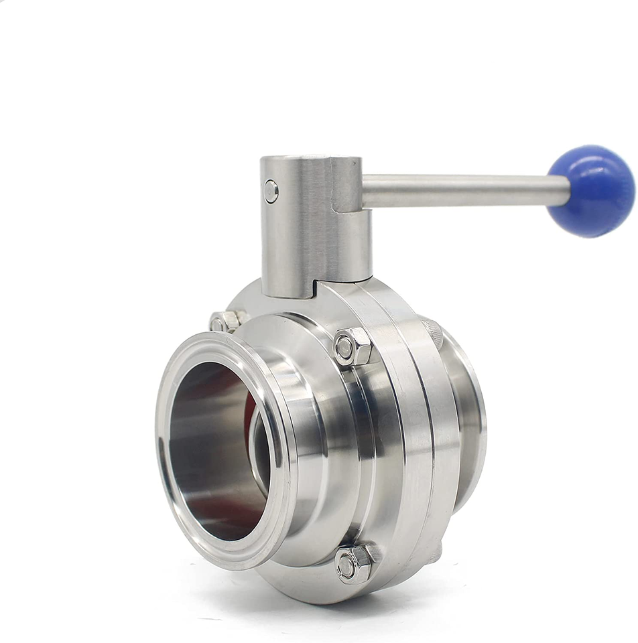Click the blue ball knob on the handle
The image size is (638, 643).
pos(590,190)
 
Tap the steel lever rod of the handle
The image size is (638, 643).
pos(462,190)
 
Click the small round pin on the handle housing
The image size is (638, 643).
pos(271,192)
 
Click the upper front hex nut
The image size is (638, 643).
pos(353,347)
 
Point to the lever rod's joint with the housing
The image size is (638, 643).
pos(365,191)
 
